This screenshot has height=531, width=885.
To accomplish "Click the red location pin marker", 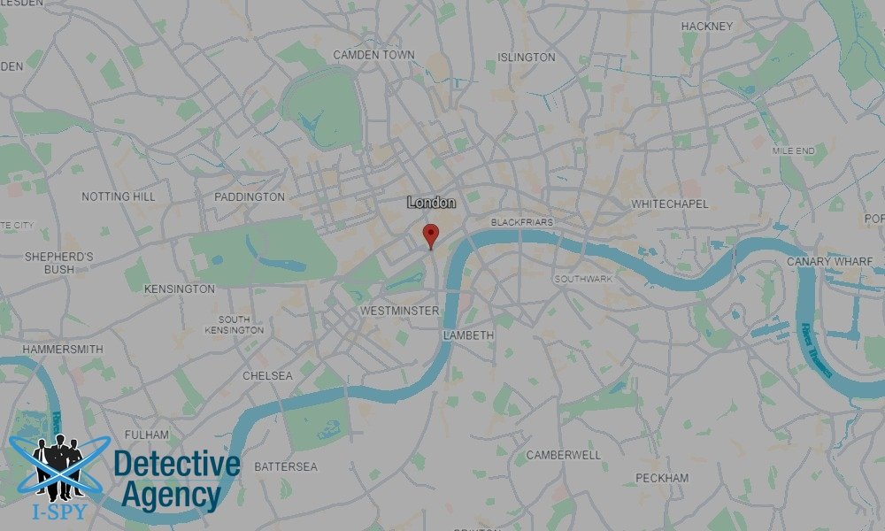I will click(431, 235).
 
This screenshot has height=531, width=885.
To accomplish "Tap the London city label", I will click(432, 203).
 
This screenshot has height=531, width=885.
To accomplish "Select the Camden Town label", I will click(373, 55).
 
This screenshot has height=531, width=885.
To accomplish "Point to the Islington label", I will click(527, 58).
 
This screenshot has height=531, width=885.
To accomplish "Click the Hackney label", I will click(706, 27).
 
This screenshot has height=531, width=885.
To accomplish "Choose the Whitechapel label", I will click(670, 204).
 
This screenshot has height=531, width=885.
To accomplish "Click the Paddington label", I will click(250, 196).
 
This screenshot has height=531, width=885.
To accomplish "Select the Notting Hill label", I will click(118, 196).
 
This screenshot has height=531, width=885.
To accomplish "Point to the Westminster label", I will click(400, 312).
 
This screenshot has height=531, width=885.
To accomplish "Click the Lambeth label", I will click(467, 336).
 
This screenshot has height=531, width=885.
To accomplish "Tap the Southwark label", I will click(583, 280).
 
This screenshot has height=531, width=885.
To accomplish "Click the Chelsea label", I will click(267, 376).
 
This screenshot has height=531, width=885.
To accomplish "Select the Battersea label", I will click(285, 466).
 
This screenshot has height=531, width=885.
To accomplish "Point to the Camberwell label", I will click(563, 455).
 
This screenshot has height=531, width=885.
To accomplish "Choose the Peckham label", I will click(661, 478).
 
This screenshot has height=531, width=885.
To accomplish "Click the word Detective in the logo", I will click(177, 465).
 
